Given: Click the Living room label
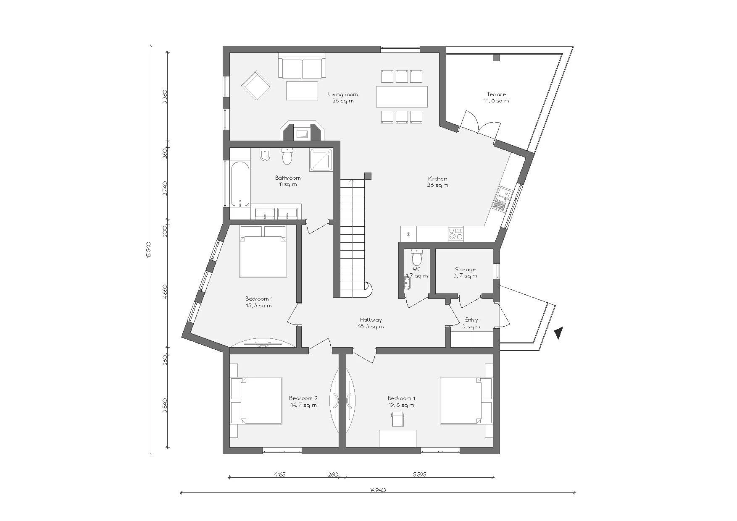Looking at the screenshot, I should [x=342, y=97].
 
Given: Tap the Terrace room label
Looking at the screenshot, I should [x=496, y=97].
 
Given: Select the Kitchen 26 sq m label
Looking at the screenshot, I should [x=437, y=182].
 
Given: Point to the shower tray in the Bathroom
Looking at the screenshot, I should [x=321, y=160].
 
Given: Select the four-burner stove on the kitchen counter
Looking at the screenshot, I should [x=455, y=233].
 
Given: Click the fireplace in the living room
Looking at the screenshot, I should [x=302, y=131].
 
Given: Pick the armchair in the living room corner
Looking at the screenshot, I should [x=255, y=85].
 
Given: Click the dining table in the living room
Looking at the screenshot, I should [x=402, y=97].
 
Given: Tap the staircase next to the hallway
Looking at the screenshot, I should [x=352, y=235].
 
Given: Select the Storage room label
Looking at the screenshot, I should [x=465, y=272].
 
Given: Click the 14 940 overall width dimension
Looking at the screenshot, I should [x=377, y=490].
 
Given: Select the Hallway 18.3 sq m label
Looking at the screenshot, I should [x=371, y=323].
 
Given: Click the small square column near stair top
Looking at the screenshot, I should [x=368, y=176].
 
